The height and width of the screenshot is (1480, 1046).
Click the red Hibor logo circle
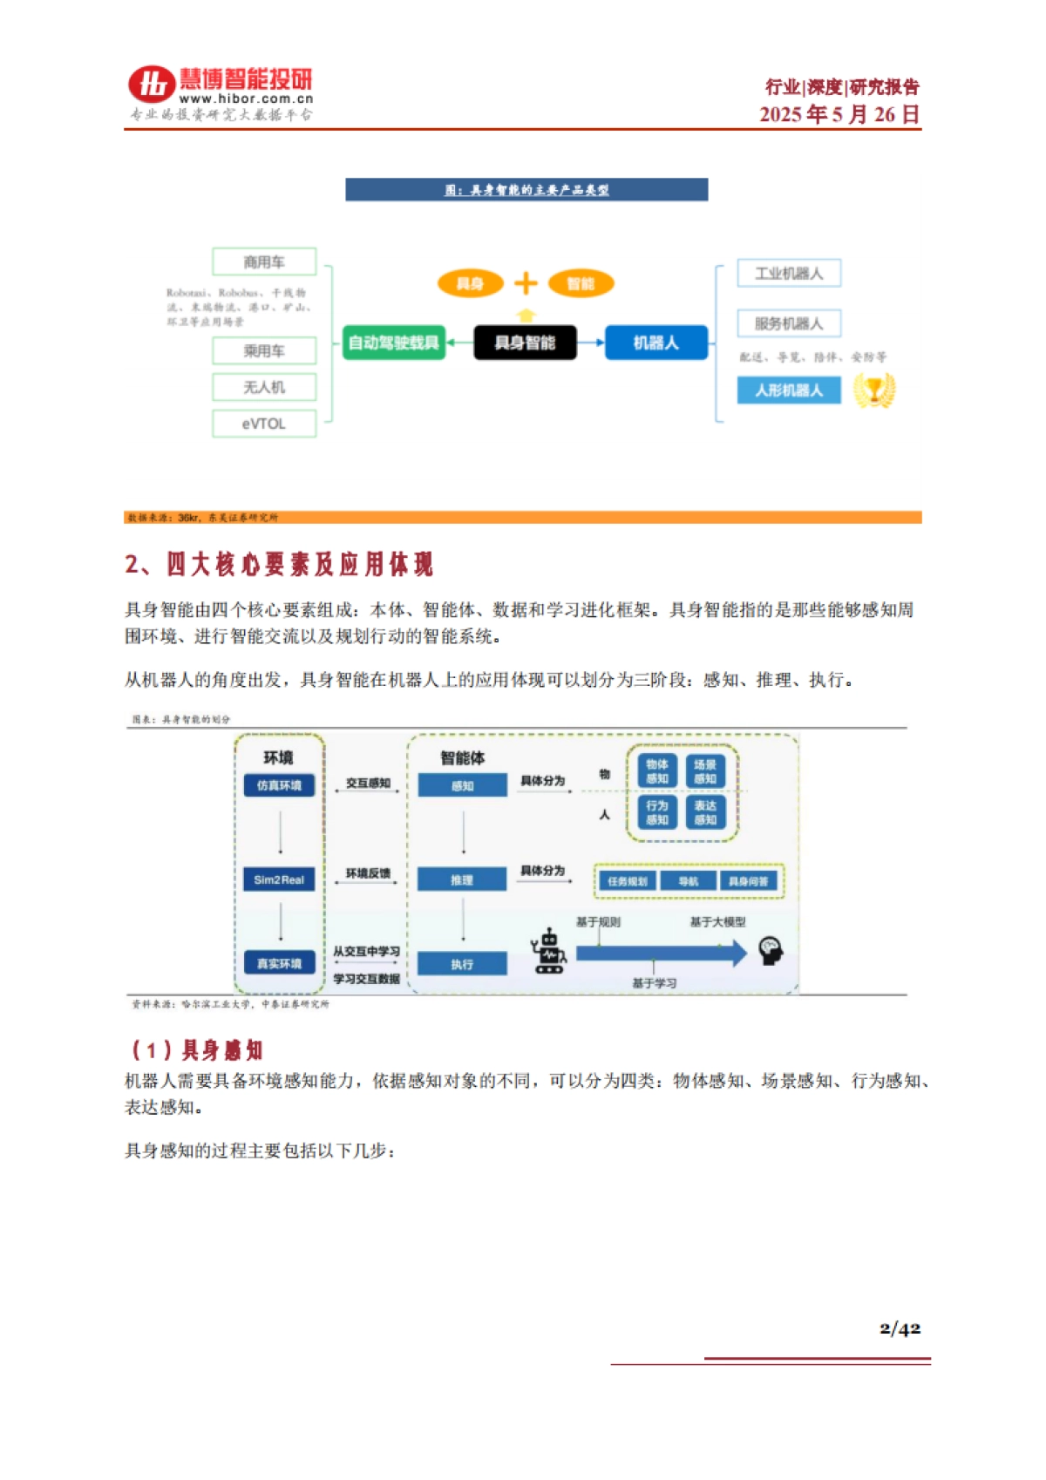152,85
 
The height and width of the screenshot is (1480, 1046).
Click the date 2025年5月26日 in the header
839,114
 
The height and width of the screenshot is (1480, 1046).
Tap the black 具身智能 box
525,343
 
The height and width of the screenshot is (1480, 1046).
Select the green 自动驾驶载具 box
393,343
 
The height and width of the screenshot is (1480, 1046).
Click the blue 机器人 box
655,343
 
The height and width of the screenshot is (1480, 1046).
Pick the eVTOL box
264,424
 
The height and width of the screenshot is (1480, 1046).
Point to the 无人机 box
264,387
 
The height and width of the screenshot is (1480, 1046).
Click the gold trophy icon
873,390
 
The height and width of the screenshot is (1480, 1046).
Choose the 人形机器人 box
789,390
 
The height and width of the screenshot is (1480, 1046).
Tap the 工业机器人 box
789,274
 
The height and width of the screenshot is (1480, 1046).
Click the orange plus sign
526,283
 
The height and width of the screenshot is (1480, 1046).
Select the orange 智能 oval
581,283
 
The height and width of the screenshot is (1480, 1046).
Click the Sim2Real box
279,879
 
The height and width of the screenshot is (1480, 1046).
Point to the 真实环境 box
279,963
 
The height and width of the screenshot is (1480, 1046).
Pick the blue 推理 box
462,879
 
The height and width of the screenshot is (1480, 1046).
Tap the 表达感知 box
705,812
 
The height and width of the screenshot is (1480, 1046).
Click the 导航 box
689,881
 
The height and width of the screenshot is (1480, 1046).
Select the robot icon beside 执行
549,952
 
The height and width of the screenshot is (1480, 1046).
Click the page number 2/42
900,1328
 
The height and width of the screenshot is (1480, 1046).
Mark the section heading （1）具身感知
197,1050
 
